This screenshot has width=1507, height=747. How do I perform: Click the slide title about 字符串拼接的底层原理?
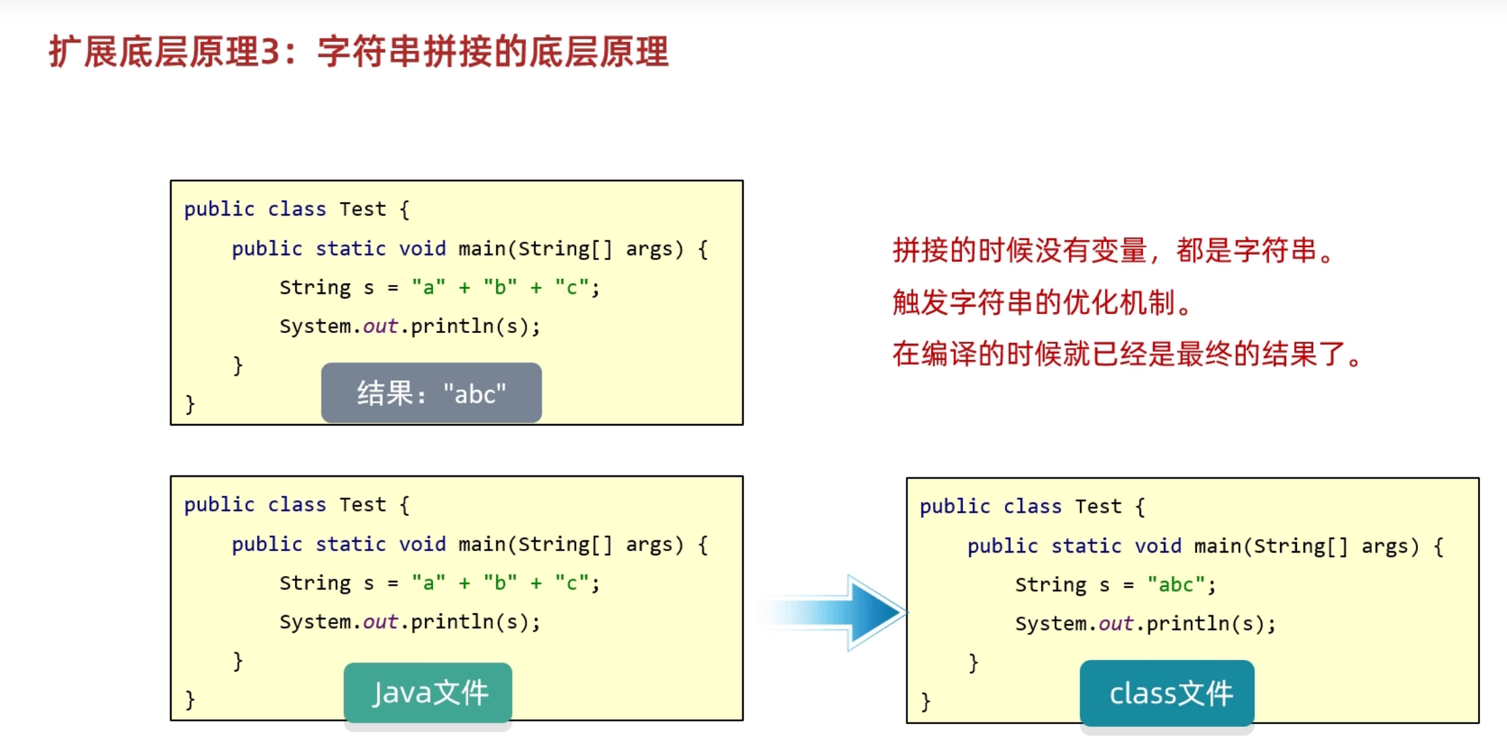coord(359,51)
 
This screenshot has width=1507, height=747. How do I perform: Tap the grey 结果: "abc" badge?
coord(431,393)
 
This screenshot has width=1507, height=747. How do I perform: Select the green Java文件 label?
coord(428,692)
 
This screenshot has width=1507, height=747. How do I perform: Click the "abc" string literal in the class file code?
coord(1175,585)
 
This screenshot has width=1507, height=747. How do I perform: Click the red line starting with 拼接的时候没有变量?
coord(1114,251)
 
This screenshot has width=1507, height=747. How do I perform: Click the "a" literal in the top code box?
coord(428,288)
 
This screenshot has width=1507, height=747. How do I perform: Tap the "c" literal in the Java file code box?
coord(571,584)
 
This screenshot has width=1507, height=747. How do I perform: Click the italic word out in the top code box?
coord(380,327)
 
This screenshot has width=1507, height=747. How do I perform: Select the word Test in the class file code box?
coord(1098,507)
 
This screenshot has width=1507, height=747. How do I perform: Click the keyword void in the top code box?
coord(422,249)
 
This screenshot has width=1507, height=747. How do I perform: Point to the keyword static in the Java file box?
coord(350,544)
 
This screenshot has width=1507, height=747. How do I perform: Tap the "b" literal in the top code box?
coord(500,288)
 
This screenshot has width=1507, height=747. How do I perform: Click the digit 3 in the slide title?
coord(270,52)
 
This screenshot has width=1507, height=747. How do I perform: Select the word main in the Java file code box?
coord(482,544)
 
